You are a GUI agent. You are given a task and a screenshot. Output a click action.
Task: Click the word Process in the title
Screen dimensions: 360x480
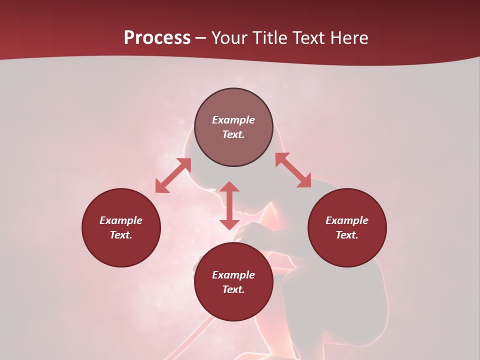(157, 38)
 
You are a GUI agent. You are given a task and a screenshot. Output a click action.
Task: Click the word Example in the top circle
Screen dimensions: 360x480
(233, 120)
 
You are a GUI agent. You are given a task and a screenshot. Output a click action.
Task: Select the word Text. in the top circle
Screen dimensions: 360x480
(233, 134)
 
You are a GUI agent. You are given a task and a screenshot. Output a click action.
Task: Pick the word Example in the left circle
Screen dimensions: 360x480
(121, 220)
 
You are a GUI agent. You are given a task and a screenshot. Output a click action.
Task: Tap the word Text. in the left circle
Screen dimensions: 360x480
(121, 235)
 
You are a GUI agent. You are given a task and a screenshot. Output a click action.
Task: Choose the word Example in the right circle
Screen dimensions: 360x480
(347, 220)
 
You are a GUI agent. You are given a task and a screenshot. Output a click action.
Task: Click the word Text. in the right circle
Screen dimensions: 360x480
(347, 235)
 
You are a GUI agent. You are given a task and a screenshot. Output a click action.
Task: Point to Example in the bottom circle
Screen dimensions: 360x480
(233, 275)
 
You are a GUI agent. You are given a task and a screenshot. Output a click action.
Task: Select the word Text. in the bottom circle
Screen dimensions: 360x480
(233, 289)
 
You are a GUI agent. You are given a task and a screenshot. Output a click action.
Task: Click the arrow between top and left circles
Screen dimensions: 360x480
(173, 175)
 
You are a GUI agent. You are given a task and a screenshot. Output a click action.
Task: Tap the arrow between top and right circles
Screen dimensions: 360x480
(293, 170)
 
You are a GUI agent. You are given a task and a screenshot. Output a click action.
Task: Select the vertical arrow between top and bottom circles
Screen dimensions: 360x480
(229, 205)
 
